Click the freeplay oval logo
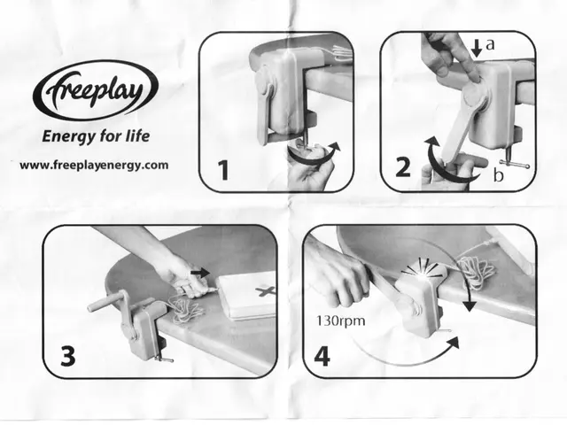[96, 90]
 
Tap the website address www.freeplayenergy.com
[93, 165]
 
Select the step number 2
[403, 168]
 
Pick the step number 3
[68, 354]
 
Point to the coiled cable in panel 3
[184, 310]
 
